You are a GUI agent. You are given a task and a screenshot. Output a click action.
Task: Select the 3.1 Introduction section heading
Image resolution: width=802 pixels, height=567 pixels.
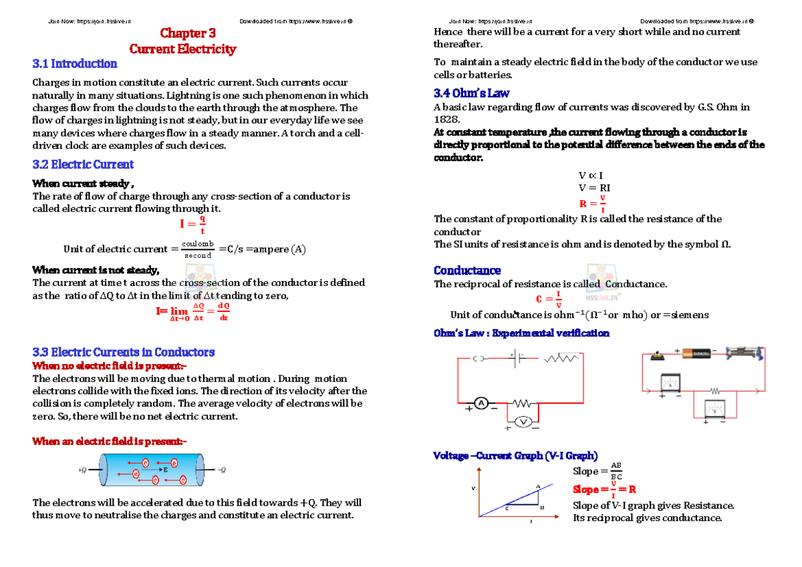[75, 64]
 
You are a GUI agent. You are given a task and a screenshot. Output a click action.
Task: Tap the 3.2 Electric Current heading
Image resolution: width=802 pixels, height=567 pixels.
[83, 164]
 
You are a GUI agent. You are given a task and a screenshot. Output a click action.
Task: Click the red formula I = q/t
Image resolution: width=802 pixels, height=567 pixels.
[192, 224]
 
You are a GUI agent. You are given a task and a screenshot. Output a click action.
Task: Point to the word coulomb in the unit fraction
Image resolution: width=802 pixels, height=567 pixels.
[198, 244]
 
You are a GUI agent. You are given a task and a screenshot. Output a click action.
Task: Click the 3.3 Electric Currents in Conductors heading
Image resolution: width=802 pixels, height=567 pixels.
[124, 352]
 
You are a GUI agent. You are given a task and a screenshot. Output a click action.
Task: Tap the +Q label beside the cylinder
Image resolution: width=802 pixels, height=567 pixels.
[82, 470]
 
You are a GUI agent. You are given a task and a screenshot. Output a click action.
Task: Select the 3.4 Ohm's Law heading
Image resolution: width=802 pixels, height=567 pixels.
[472, 93]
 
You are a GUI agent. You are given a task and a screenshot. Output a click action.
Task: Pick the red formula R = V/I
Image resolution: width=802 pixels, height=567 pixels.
[593, 204]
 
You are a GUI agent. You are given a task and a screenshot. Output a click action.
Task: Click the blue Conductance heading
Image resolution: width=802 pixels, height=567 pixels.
[467, 270]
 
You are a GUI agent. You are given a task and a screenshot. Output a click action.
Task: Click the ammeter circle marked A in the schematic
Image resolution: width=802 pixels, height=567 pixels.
[481, 403]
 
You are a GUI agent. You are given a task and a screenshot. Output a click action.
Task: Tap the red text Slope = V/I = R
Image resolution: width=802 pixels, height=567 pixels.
[604, 490]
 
